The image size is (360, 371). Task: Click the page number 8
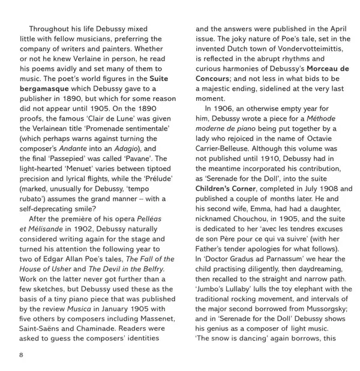point(22,355)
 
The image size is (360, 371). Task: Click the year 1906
point(226,109)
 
